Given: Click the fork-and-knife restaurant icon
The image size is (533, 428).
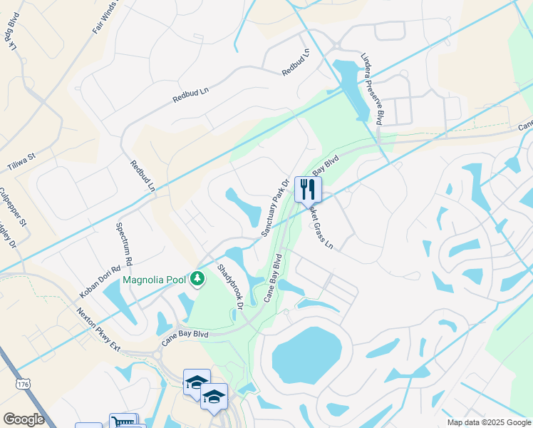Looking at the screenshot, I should click(308, 189).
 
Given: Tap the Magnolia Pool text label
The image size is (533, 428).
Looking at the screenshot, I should click(154, 280).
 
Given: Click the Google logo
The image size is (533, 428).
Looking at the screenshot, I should click(24, 419).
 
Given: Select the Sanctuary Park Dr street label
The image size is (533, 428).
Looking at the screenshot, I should click(274, 208).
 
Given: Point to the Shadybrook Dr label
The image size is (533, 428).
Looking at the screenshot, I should click(231, 287).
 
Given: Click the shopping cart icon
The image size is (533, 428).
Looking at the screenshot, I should click(123, 422).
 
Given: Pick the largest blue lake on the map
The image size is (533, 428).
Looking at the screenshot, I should click(303, 356).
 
